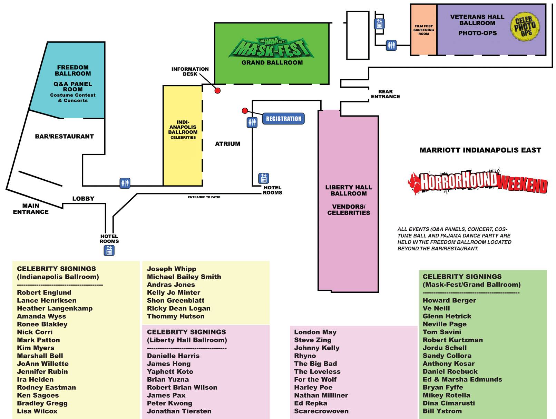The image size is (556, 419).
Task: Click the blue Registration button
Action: pyautogui.click(x=283, y=119)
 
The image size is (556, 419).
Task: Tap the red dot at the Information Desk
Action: pyautogui.click(x=217, y=91)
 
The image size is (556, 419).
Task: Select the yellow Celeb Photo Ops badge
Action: pyautogui.click(x=525, y=27)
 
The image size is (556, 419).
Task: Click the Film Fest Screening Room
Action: pyautogui.click(x=423, y=30)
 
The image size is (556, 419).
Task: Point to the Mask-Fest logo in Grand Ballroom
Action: pyautogui.click(x=272, y=49)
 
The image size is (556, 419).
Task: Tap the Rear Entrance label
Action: pyautogui.click(x=385, y=94)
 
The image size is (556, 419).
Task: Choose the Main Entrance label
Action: pyautogui.click(x=31, y=209)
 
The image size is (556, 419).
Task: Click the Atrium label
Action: pyautogui.click(x=227, y=144)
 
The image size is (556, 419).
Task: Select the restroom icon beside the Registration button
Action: pyautogui.click(x=252, y=122)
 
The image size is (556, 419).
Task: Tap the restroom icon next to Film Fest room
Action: pyautogui.click(x=391, y=45)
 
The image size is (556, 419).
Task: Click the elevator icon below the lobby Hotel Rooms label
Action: pyautogui.click(x=109, y=250)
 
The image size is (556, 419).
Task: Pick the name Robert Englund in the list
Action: pyautogui.click(x=44, y=292)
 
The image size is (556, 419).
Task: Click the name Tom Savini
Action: pyautogui.click(x=442, y=332)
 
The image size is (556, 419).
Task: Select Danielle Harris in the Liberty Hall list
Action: pyautogui.click(x=173, y=356)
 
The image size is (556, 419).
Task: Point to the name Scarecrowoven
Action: pyautogui.click(x=321, y=411)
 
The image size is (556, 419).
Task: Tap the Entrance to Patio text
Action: pyautogui.click(x=204, y=197)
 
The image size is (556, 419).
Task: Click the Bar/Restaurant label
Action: pyautogui.click(x=64, y=137)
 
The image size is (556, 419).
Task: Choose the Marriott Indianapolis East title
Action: pyautogui.click(x=480, y=150)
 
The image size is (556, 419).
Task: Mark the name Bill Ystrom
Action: pyautogui.click(x=442, y=411)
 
